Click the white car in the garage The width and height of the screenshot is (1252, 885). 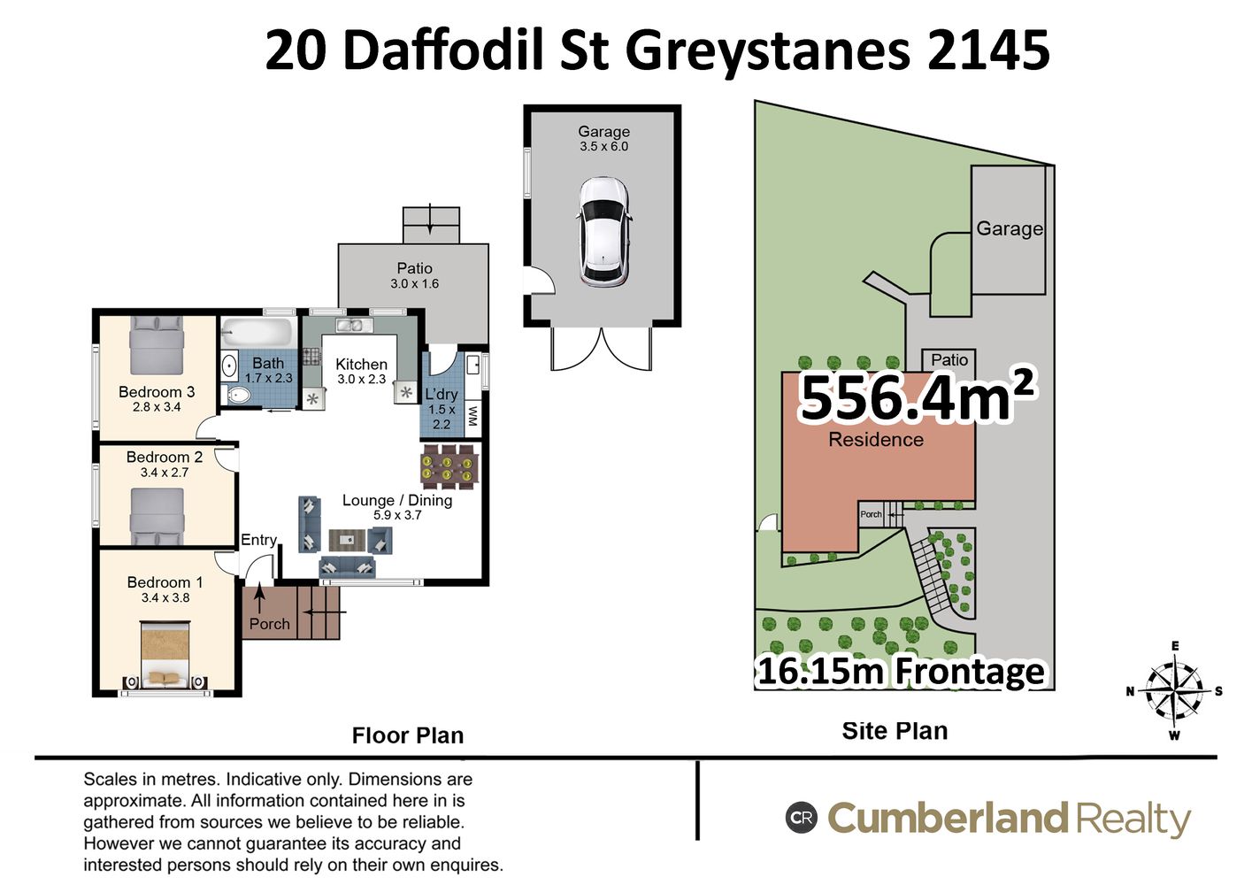[x=604, y=230]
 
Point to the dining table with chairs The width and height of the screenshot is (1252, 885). [x=450, y=467]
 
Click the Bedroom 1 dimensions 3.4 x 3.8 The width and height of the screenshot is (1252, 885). [x=165, y=597]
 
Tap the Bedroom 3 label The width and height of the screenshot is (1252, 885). [x=157, y=392]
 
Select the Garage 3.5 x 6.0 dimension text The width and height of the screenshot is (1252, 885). [x=603, y=147]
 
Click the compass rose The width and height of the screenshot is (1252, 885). [x=1174, y=691]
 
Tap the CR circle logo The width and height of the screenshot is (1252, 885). [x=802, y=818]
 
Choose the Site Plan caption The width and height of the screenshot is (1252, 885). [x=895, y=731]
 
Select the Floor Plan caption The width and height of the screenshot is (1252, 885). [x=408, y=735]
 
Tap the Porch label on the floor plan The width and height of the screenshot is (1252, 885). [x=269, y=624]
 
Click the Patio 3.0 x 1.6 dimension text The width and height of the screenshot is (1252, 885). [x=414, y=284]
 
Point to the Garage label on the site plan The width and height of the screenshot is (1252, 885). [x=1010, y=229]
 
